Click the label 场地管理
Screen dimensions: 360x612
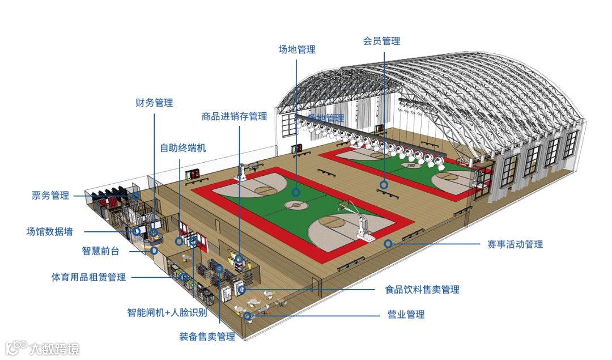(296, 49)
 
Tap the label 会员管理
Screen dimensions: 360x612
(381, 41)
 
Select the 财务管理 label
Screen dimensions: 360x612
(154, 103)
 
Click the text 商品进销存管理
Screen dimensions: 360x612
(234, 116)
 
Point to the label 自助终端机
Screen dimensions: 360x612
(183, 148)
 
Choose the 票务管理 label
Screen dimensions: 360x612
(50, 196)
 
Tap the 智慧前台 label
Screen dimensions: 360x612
(100, 251)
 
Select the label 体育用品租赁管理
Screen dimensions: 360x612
(88, 277)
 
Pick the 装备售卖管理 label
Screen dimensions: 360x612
(207, 337)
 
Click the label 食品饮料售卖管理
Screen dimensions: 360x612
(422, 290)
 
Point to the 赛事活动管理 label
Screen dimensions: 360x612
(515, 244)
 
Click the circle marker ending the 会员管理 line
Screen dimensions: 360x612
(384, 184)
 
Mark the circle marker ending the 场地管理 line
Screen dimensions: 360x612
(296, 192)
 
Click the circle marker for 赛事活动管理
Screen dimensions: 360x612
(388, 244)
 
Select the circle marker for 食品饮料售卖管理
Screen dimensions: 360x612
(242, 290)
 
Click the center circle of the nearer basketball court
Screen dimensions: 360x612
(294, 205)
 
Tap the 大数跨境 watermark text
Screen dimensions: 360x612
(54, 348)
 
